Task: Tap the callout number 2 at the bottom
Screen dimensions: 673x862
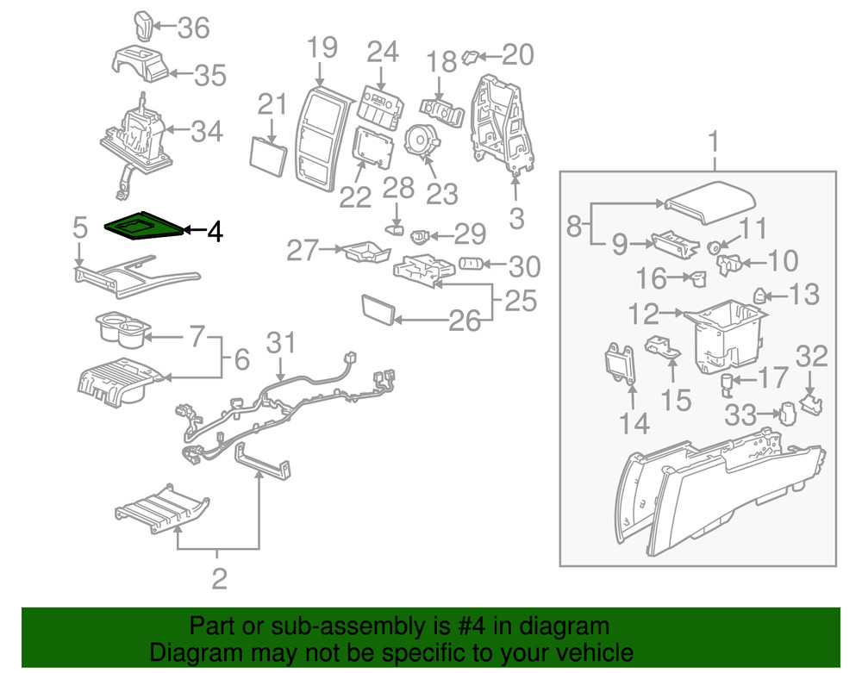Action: [x=219, y=577]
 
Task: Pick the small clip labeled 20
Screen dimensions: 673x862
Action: [x=471, y=57]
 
